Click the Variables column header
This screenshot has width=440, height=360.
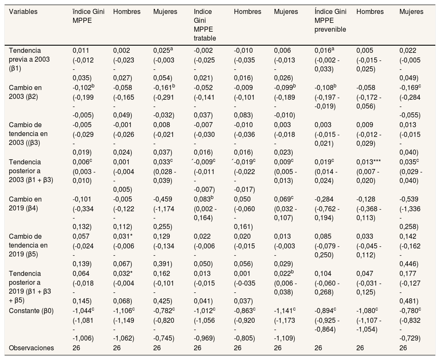23,12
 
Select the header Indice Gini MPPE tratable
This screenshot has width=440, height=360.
204,25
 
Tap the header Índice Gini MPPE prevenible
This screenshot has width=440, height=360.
330,21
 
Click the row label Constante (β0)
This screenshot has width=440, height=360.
31,311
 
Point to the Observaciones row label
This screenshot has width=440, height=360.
31,348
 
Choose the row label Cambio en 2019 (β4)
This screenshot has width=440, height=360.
25,204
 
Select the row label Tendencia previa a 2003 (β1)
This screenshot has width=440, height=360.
29,59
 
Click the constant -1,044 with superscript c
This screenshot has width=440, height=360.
83,311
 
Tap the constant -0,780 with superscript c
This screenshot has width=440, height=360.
410,311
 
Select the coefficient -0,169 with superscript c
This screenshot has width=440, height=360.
410,87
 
